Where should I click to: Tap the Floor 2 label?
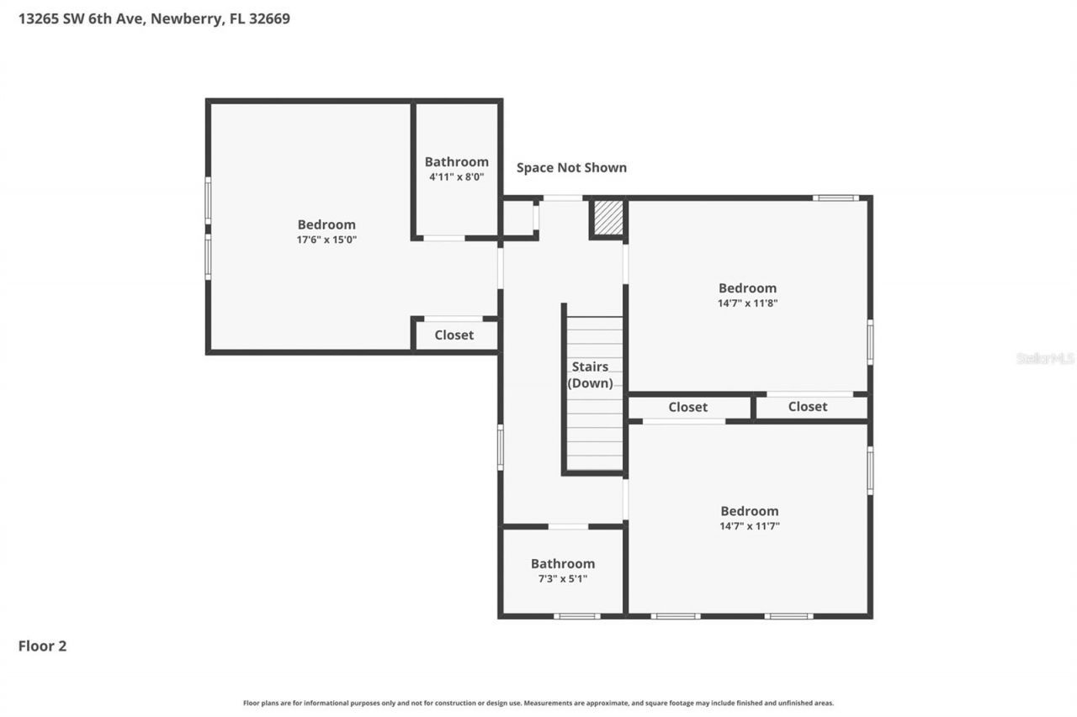pyautogui.click(x=42, y=646)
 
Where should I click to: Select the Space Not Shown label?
pyautogui.click(x=571, y=167)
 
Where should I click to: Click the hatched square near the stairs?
pyautogui.click(x=607, y=218)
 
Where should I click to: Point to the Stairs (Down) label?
pyautogui.click(x=590, y=375)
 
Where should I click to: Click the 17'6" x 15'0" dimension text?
pyautogui.click(x=326, y=240)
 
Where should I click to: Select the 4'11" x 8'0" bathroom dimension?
pyautogui.click(x=456, y=177)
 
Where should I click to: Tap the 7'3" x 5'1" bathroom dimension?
pyautogui.click(x=562, y=578)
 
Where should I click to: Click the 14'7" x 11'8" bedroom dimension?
pyautogui.click(x=747, y=303)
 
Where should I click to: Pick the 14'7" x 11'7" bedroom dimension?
pyautogui.click(x=749, y=526)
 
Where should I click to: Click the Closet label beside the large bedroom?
pyautogui.click(x=454, y=335)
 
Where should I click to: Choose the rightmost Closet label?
pyautogui.click(x=808, y=407)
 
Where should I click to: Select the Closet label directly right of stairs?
pyautogui.click(x=688, y=407)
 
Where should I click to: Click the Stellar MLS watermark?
pyautogui.click(x=1045, y=358)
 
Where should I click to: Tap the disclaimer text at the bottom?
pyautogui.click(x=538, y=703)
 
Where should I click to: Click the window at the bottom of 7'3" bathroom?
pyautogui.click(x=577, y=616)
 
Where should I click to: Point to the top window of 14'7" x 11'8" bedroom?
pyautogui.click(x=836, y=198)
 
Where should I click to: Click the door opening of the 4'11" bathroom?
pyautogui.click(x=443, y=239)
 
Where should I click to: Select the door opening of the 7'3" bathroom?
pyautogui.click(x=568, y=526)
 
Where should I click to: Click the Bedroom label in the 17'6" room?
pyautogui.click(x=326, y=224)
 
